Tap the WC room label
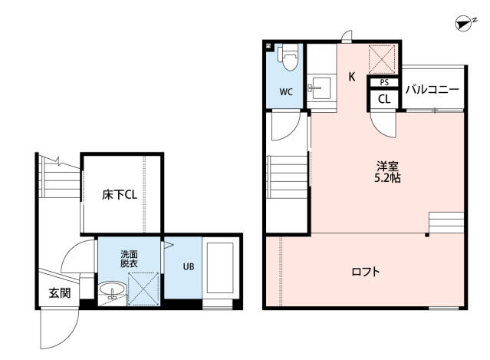(x=285, y=92)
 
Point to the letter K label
(x=352, y=76)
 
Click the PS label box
(x=383, y=82)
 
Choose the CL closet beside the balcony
(x=383, y=98)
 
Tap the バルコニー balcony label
(x=432, y=90)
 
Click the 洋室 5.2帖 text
(x=387, y=171)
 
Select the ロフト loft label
(x=366, y=272)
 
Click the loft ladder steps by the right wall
(x=446, y=223)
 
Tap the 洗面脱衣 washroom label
(x=129, y=259)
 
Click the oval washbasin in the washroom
(x=111, y=291)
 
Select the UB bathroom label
(x=188, y=267)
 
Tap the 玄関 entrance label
(x=60, y=292)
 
